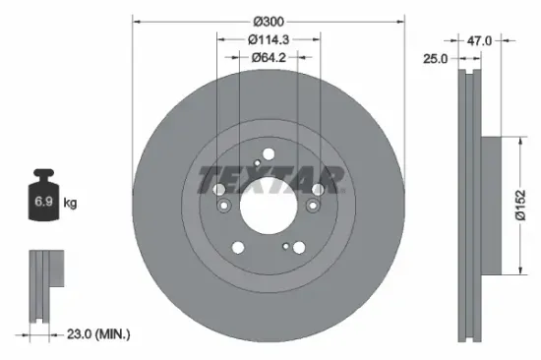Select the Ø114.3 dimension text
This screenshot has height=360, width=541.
click(268, 39)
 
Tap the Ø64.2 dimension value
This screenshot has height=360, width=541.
click(268, 57)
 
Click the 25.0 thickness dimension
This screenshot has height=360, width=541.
click(435, 59)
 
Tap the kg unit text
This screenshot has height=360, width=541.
click(71, 204)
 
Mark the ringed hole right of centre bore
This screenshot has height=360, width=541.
click(314, 206)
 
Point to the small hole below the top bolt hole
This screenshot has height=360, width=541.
click(257, 164)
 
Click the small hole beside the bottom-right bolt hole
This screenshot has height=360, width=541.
click(285, 246)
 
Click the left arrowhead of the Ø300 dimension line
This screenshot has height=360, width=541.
click(135, 19)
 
